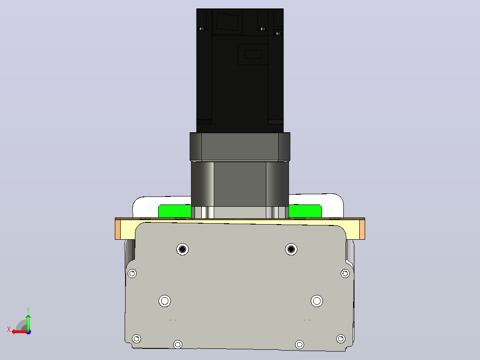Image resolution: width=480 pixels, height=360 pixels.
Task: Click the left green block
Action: click(x=175, y=211)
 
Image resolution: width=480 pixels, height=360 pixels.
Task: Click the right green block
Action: click(x=305, y=211)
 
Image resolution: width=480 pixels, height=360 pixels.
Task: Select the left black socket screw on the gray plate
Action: click(x=183, y=249)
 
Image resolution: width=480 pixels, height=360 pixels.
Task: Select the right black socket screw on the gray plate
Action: click(x=291, y=249)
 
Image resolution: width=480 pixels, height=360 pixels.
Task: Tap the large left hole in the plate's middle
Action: click(x=165, y=301)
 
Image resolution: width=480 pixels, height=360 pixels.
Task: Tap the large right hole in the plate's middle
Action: click(x=317, y=301)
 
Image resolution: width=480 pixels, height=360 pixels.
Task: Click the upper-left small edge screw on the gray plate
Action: click(x=132, y=273)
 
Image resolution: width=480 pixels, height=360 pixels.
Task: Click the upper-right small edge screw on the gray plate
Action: click(x=346, y=273)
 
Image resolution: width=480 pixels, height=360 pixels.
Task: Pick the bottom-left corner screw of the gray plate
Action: click(x=137, y=339)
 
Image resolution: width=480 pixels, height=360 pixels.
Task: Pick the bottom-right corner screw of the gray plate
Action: click(x=341, y=339)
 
